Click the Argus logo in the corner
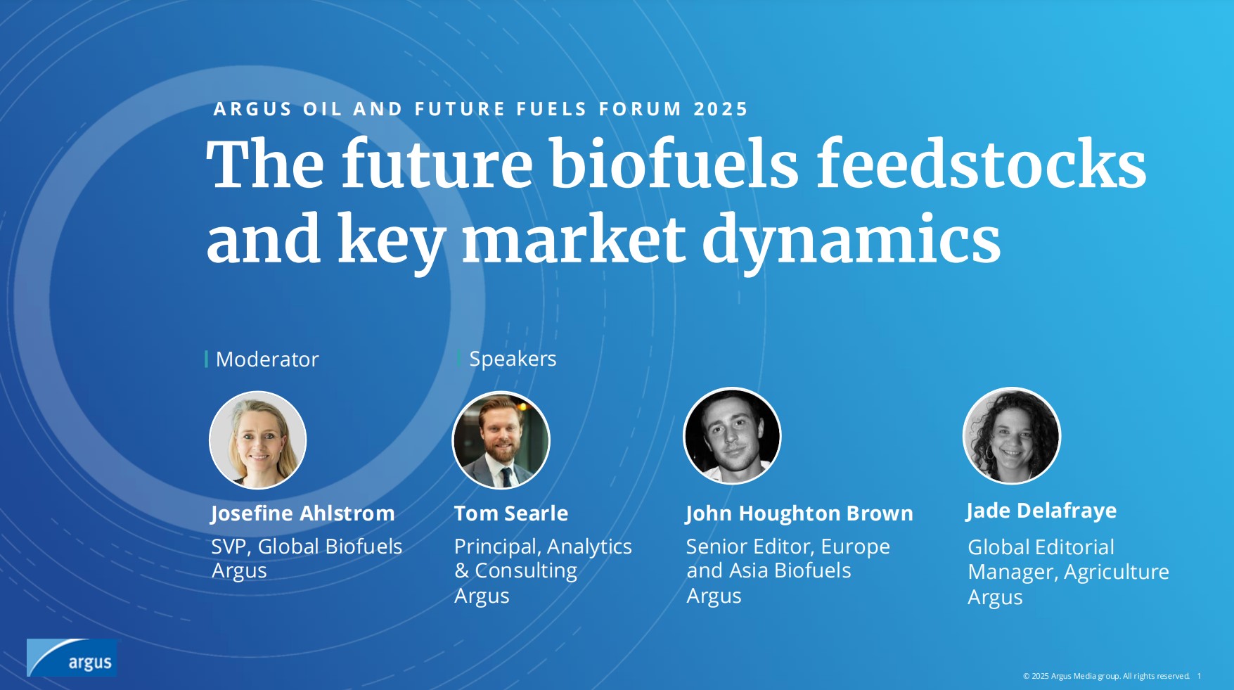[72, 658]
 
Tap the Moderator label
[267, 359]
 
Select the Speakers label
[513, 359]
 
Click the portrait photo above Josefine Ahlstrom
[258, 440]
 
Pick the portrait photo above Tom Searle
[501, 440]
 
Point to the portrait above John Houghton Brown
[732, 436]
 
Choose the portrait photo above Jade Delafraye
[1011, 436]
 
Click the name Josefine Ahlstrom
[303, 514]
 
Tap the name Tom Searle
[511, 513]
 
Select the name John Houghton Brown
[799, 514]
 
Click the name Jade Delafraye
[1041, 511]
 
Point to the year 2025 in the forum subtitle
[721, 110]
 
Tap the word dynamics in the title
[851, 241]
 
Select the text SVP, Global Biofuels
[307, 547]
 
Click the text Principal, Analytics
[543, 547]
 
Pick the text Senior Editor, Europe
[788, 547]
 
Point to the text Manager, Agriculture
[1069, 573]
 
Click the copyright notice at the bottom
[1106, 676]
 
